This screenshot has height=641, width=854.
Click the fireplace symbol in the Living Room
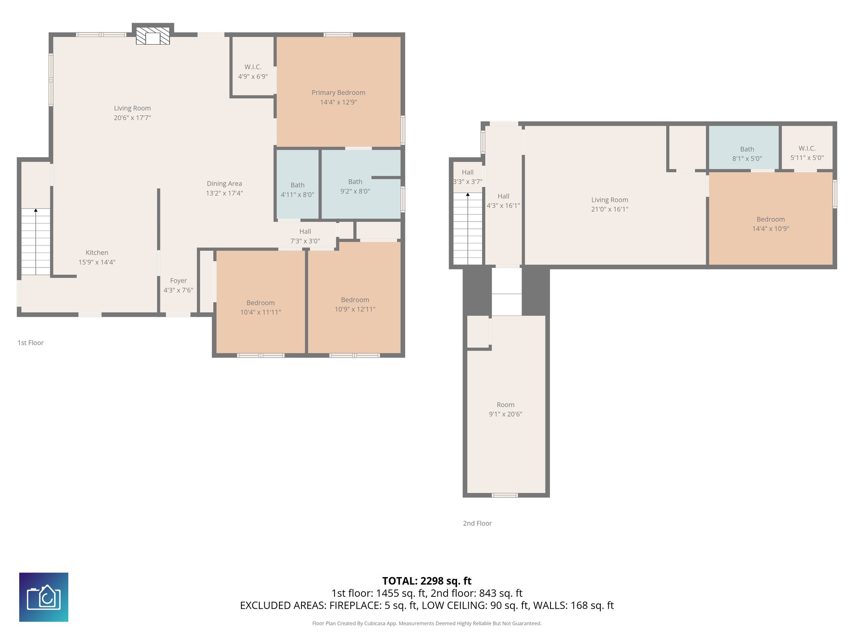pyautogui.click(x=153, y=36)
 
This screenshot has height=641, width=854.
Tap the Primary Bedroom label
pyautogui.click(x=338, y=93)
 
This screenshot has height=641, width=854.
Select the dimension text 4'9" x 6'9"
pyautogui.click(x=253, y=77)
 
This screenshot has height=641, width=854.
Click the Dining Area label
pyautogui.click(x=224, y=184)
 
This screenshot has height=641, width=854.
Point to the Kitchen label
pyautogui.click(x=97, y=252)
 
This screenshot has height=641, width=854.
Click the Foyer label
pyautogui.click(x=178, y=281)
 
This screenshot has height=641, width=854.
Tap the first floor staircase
pyautogui.click(x=36, y=242)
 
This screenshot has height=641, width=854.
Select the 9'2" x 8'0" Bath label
pyautogui.click(x=355, y=182)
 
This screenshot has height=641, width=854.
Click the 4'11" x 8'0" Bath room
pyautogui.click(x=297, y=185)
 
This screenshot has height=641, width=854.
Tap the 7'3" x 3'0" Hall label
pyautogui.click(x=305, y=232)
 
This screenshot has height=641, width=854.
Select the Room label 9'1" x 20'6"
pyautogui.click(x=505, y=405)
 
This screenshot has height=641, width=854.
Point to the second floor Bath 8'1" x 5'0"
pyautogui.click(x=747, y=149)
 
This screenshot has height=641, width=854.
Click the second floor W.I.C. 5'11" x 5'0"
pyautogui.click(x=807, y=149)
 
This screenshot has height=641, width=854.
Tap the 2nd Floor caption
pyautogui.click(x=477, y=523)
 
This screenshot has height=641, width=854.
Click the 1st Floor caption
pyautogui.click(x=30, y=343)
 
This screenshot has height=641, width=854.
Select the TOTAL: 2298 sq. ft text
pyautogui.click(x=427, y=581)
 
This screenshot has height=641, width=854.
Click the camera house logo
pyautogui.click(x=44, y=597)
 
